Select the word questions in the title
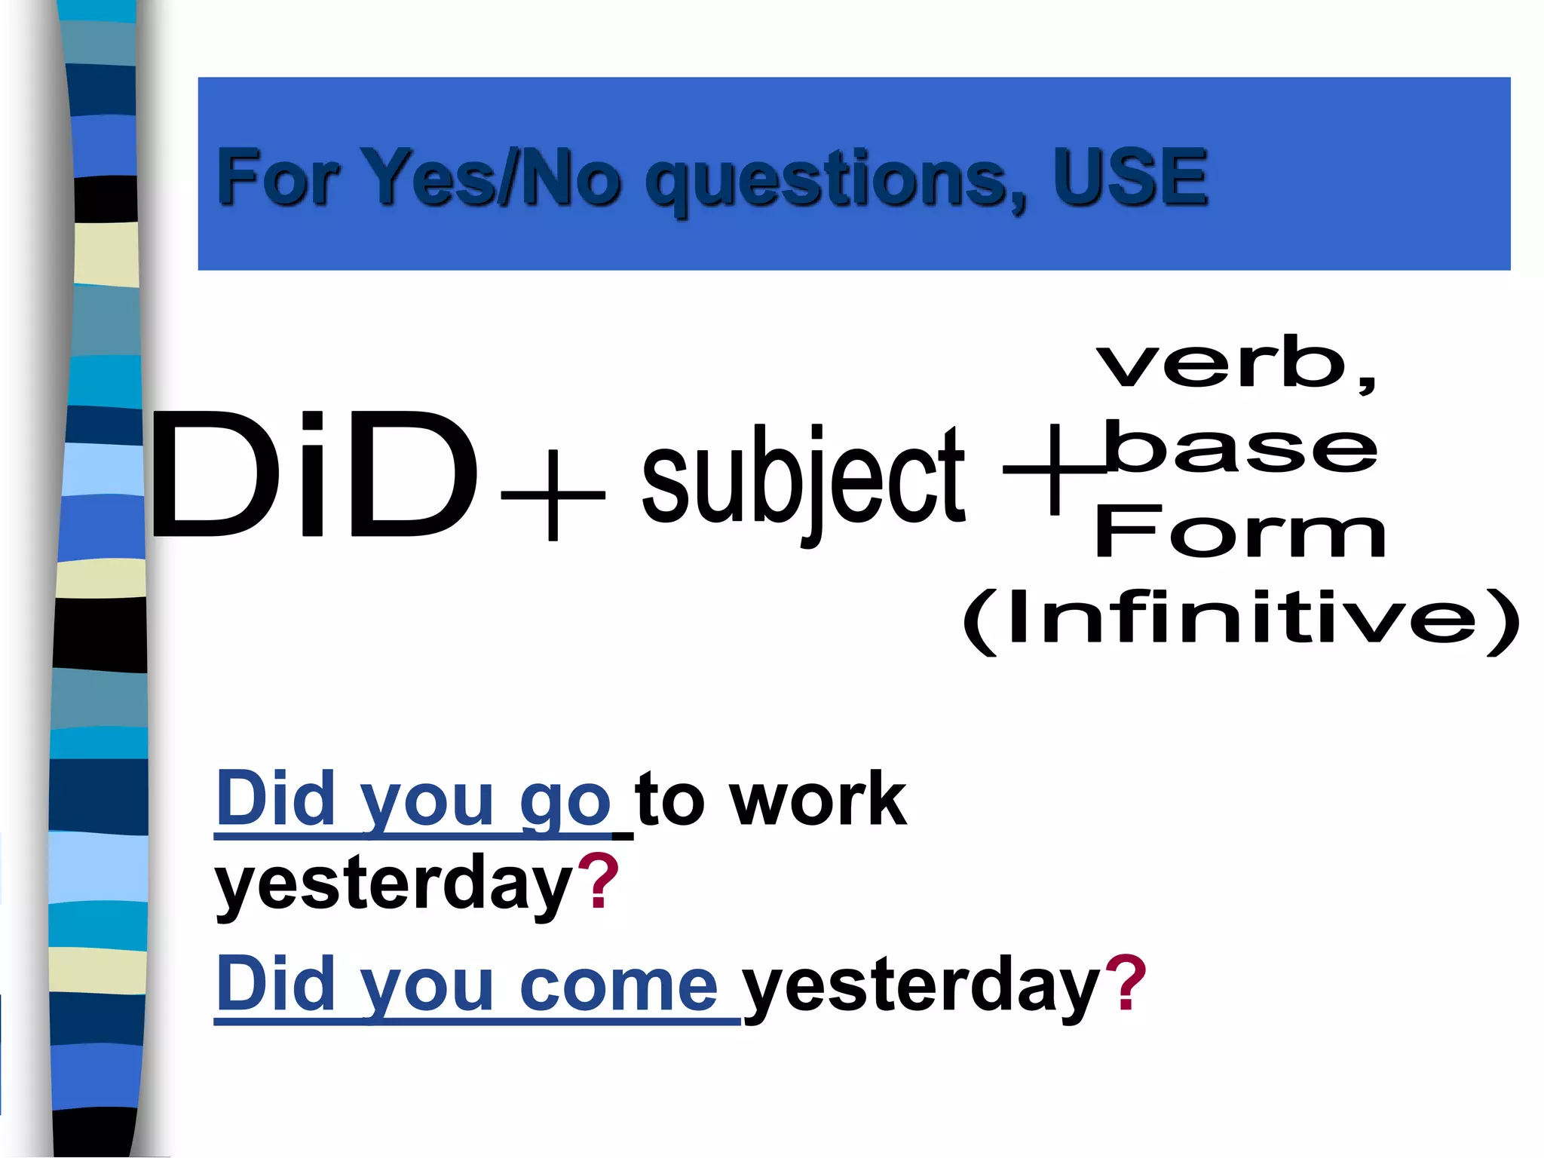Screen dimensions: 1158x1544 point(835,181)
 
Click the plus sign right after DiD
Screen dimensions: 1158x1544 point(553,495)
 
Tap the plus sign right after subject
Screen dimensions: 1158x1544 point(1054,469)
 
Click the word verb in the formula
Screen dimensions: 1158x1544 point(1221,363)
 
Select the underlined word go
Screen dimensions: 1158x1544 point(565,801)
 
